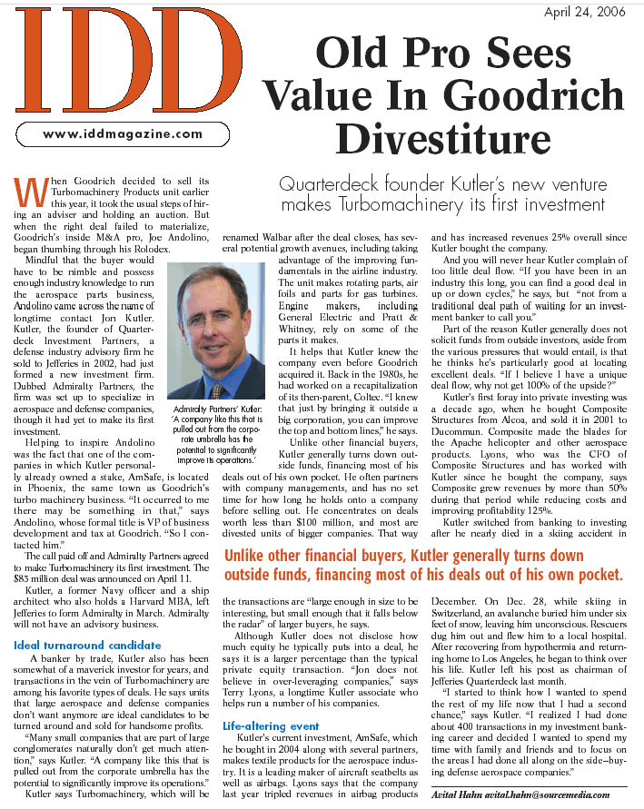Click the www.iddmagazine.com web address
coord(124,133)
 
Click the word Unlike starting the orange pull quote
coord(251,555)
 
